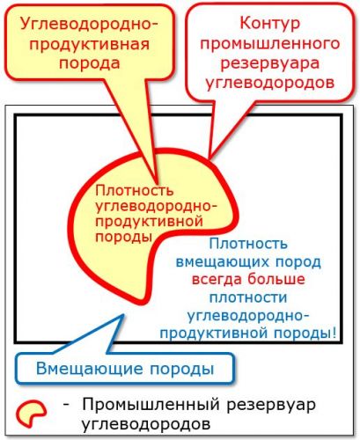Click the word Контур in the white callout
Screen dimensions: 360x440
point(270,24)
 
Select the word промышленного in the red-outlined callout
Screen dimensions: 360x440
point(270,43)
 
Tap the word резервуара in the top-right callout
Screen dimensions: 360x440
point(270,63)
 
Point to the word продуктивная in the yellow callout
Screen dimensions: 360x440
point(90,45)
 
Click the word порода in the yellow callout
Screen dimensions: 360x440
point(90,63)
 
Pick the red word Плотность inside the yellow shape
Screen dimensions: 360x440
point(135,191)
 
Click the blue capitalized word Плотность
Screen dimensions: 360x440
point(248,244)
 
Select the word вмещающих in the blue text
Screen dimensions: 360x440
point(218,261)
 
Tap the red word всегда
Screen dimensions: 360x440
point(217,279)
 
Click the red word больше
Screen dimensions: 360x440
point(276,279)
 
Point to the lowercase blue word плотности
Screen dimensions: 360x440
point(248,297)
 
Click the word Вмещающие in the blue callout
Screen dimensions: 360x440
point(90,369)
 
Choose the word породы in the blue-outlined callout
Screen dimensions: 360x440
point(182,370)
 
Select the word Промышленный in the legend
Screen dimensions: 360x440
point(151,405)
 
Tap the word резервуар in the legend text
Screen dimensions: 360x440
point(270,406)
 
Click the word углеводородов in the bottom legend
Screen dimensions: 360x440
point(146,424)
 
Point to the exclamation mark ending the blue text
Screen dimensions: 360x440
point(334,333)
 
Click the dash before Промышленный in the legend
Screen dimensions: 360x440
point(66,405)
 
